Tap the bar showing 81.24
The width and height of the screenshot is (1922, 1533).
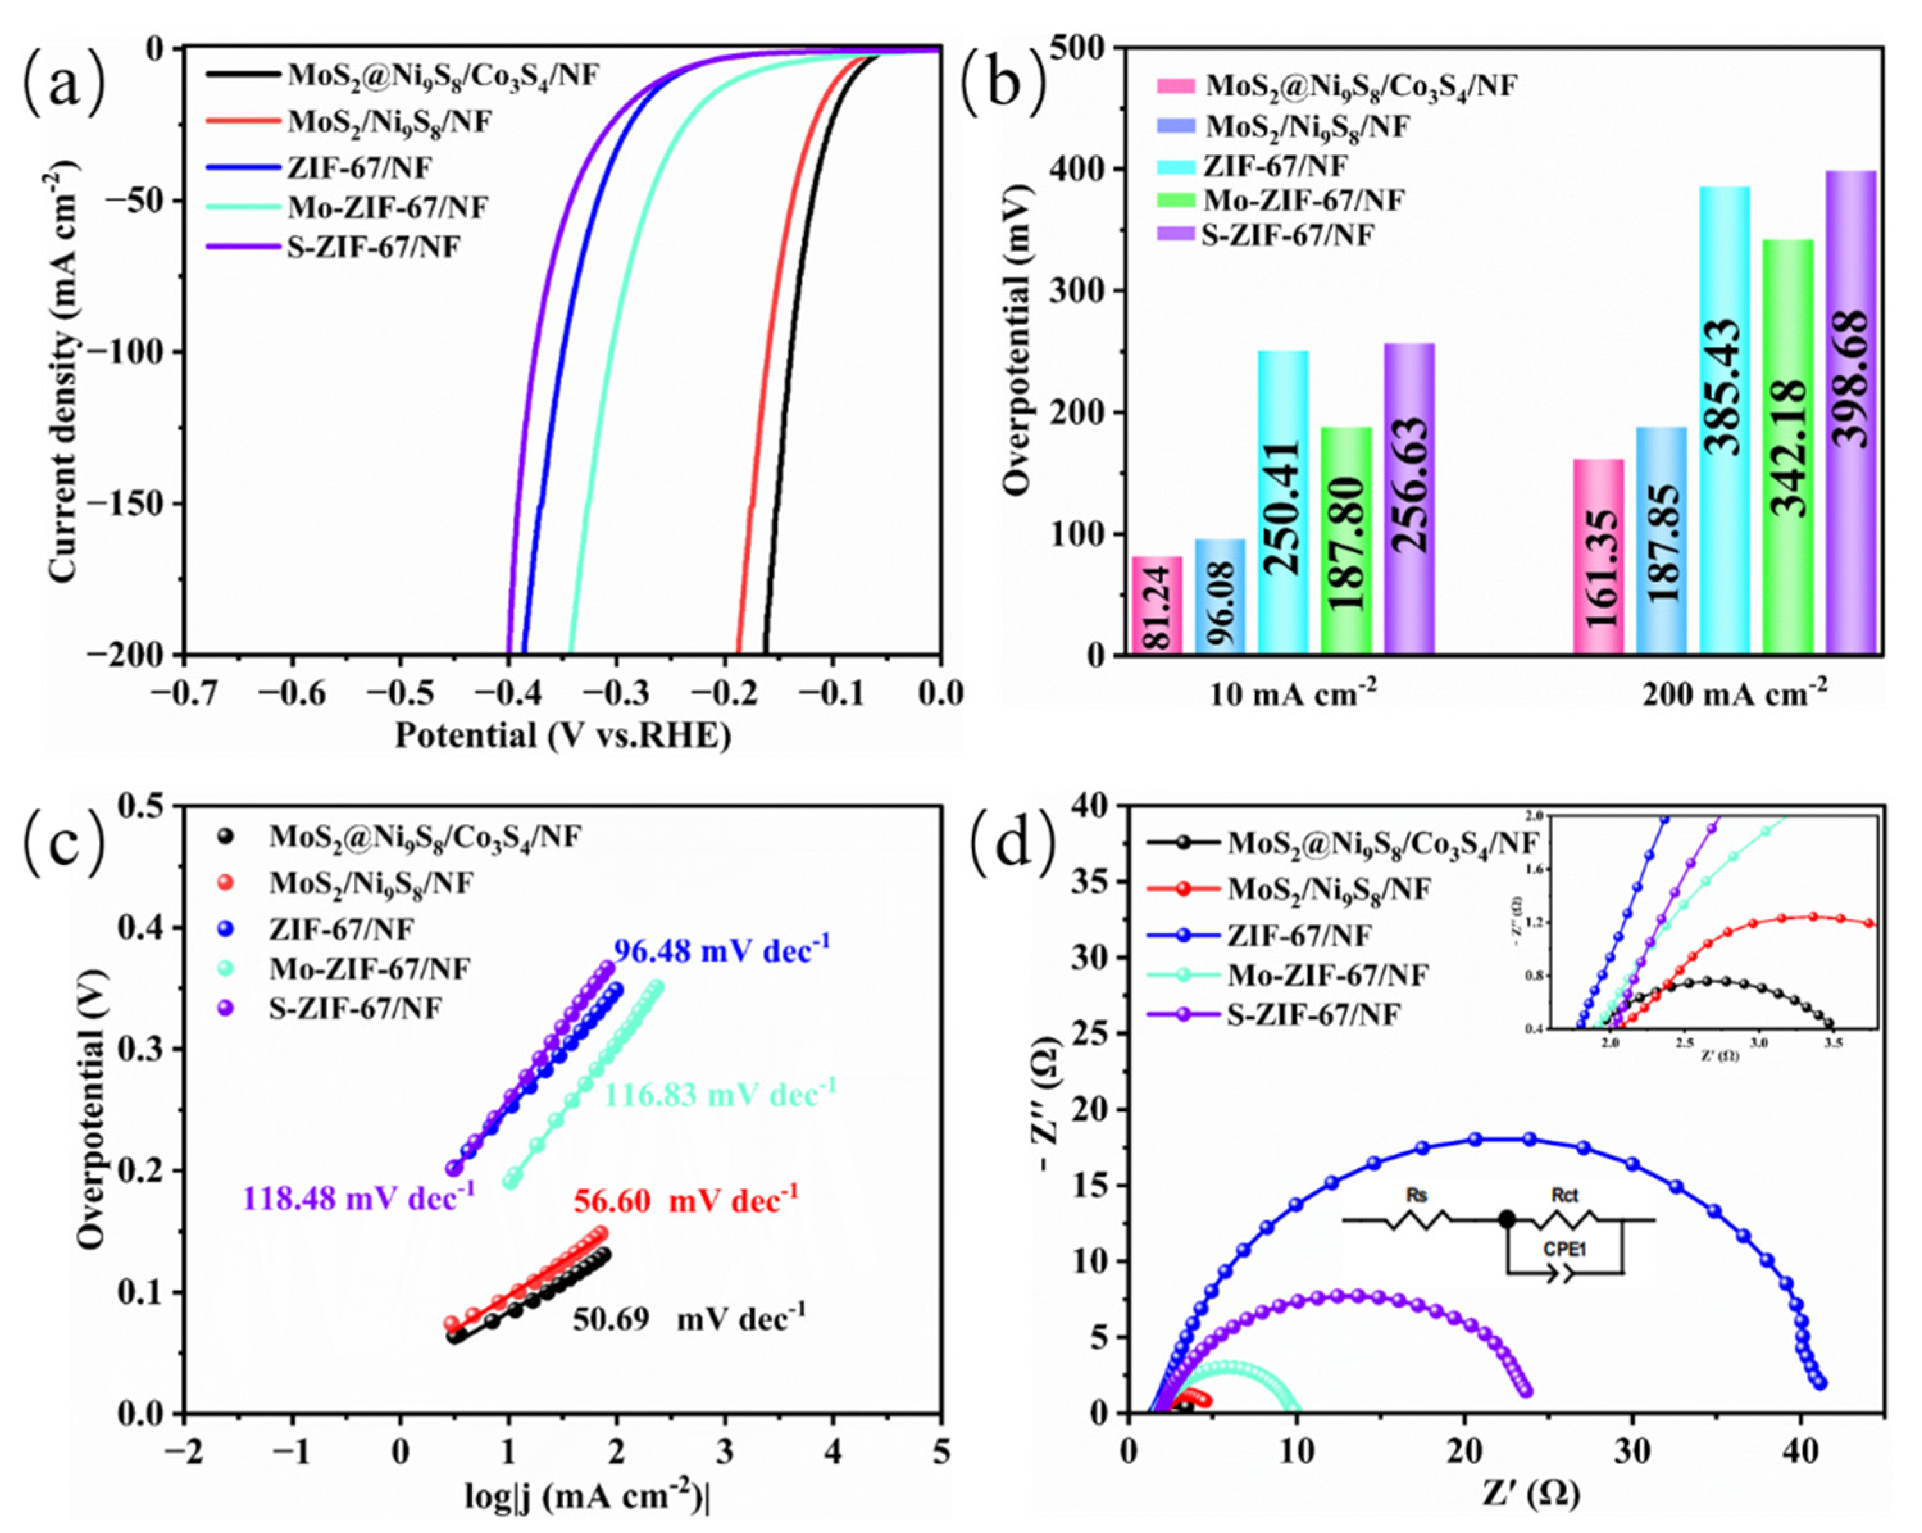[1156, 605]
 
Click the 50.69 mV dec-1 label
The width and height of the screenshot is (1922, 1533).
[688, 1317]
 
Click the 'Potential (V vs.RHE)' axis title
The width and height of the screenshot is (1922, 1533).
[563, 735]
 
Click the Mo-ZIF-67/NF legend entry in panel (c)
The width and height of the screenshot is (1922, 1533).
[369, 968]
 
